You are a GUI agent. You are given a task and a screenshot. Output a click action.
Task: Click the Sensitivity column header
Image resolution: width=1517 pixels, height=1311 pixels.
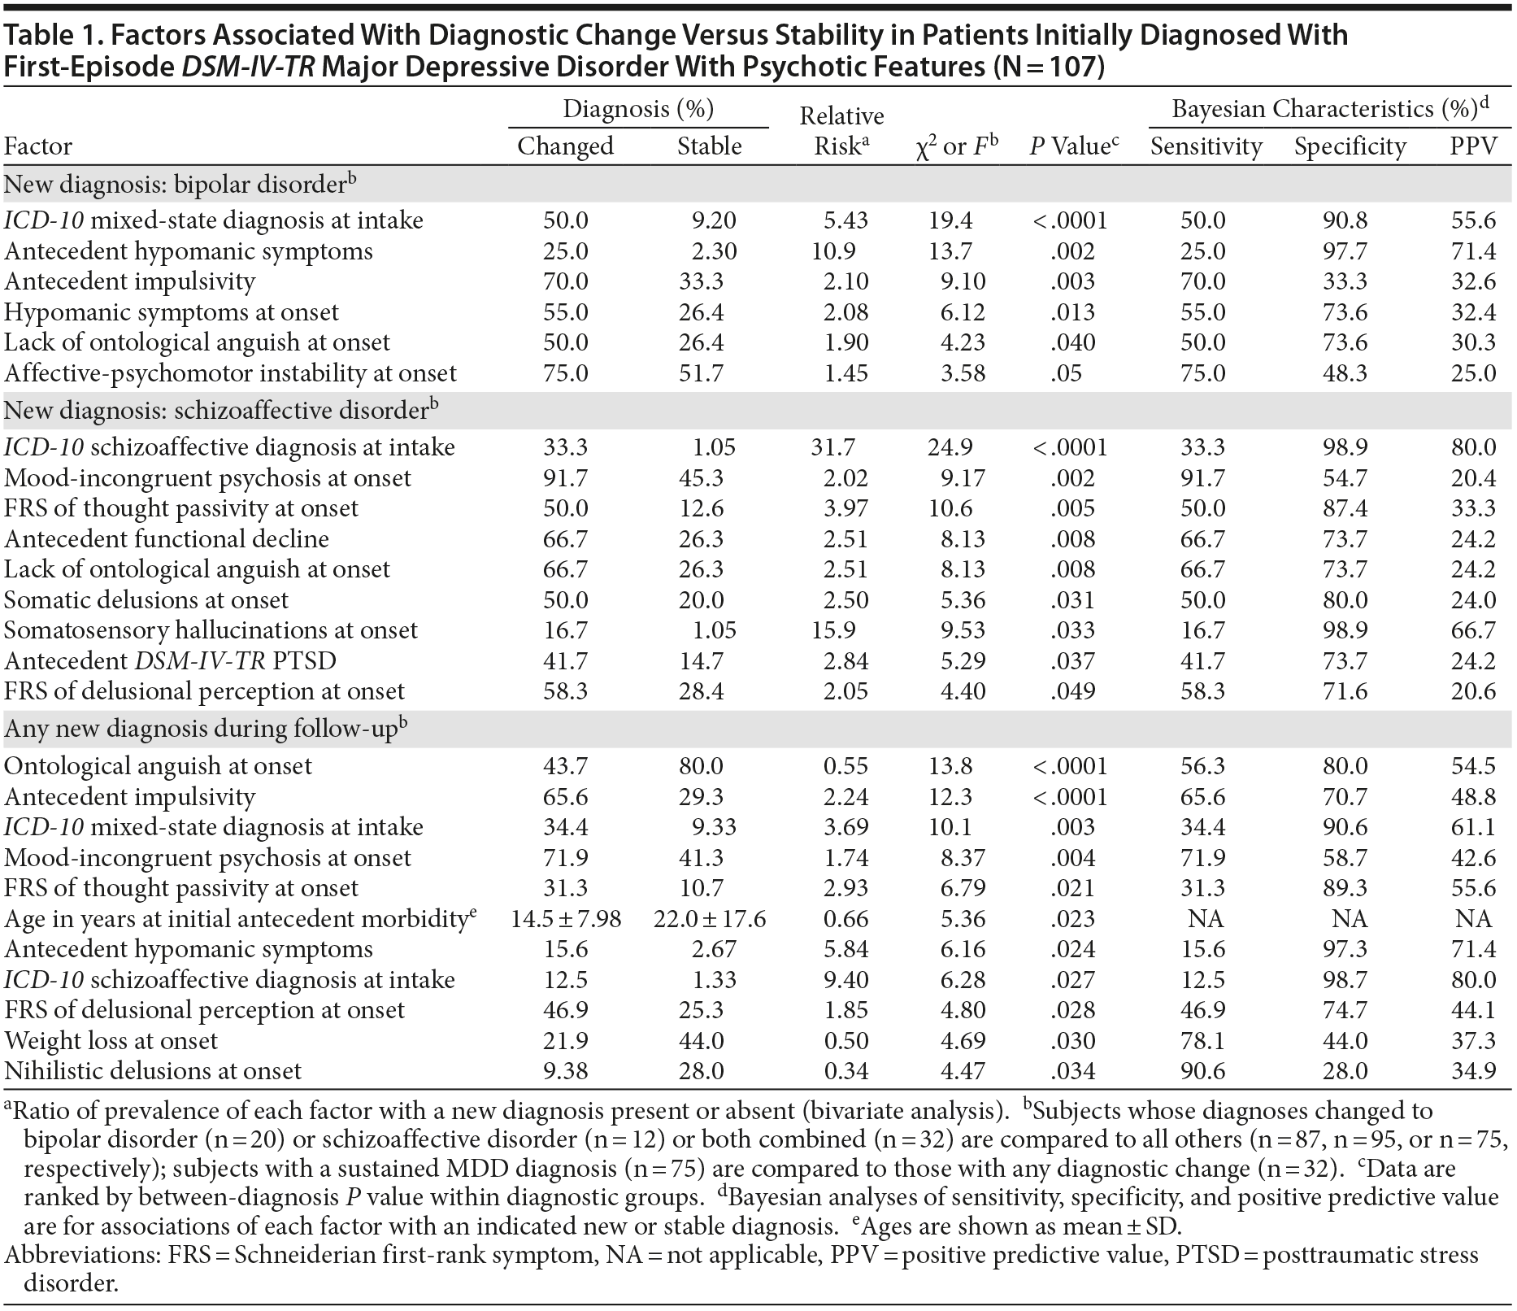(1206, 146)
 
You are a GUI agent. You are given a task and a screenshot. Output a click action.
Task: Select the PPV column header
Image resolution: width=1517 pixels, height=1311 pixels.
(1473, 146)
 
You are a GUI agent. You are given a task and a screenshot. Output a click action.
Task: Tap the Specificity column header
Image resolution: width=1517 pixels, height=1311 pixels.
(1350, 146)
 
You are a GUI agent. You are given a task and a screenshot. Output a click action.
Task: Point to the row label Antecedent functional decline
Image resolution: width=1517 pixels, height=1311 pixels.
(167, 539)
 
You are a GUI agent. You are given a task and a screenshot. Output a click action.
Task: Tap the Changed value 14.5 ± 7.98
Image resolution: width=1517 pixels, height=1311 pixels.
(566, 919)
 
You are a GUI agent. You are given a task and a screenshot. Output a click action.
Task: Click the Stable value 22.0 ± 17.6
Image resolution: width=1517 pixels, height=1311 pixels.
(710, 919)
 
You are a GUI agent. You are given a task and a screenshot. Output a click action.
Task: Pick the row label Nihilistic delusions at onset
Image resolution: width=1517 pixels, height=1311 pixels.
(153, 1071)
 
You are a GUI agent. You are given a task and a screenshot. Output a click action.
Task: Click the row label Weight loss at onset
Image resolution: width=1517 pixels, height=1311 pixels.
(111, 1041)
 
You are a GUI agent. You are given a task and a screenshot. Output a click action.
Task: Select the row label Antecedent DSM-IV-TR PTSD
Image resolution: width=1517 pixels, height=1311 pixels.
(170, 661)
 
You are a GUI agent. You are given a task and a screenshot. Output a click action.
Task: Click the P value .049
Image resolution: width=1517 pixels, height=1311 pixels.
(1072, 691)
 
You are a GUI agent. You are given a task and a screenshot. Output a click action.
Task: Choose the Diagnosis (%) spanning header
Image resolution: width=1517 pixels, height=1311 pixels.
(638, 109)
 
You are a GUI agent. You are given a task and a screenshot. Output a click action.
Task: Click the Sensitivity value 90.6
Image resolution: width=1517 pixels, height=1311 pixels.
(1206, 1071)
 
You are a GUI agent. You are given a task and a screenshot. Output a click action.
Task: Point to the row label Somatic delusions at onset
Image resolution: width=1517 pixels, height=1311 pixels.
(146, 600)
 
